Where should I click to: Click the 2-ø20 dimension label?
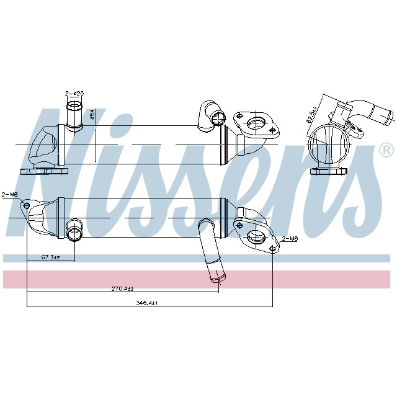pyautogui.click(x=74, y=93)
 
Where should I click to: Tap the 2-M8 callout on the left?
pyautogui.click(x=10, y=194)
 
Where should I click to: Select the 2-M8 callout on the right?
pyautogui.click(x=290, y=238)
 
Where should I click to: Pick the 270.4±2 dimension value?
pyautogui.click(x=122, y=288)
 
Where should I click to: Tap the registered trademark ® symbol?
pyautogui.click(x=385, y=150)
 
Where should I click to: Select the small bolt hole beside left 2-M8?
pyautogui.click(x=25, y=205)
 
